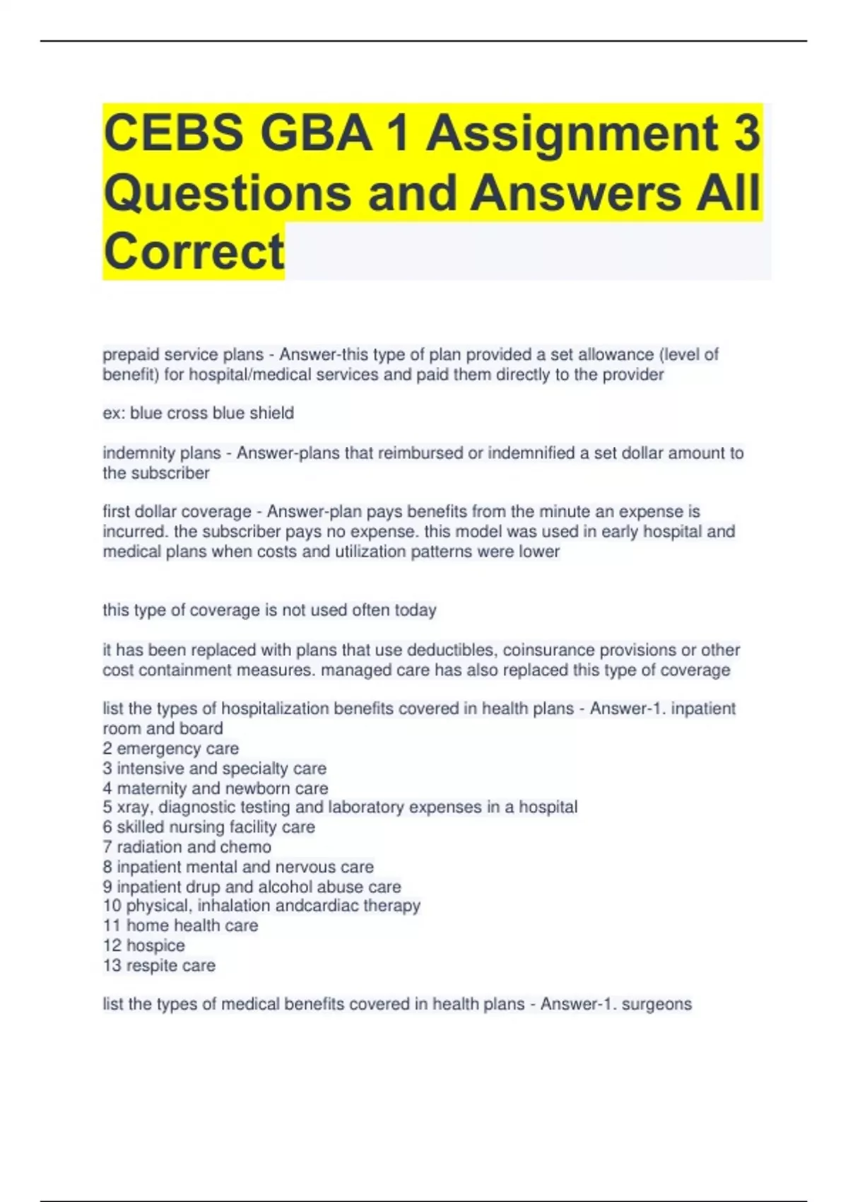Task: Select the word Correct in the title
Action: point(194,251)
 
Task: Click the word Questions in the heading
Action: point(228,192)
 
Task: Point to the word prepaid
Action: point(131,354)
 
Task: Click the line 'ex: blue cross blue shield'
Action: point(198,413)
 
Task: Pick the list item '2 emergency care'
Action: point(170,748)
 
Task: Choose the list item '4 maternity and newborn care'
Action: point(215,788)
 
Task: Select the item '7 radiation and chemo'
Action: point(187,846)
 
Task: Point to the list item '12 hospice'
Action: point(143,945)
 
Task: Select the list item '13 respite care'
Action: point(159,965)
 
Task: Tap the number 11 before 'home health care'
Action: point(112,926)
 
